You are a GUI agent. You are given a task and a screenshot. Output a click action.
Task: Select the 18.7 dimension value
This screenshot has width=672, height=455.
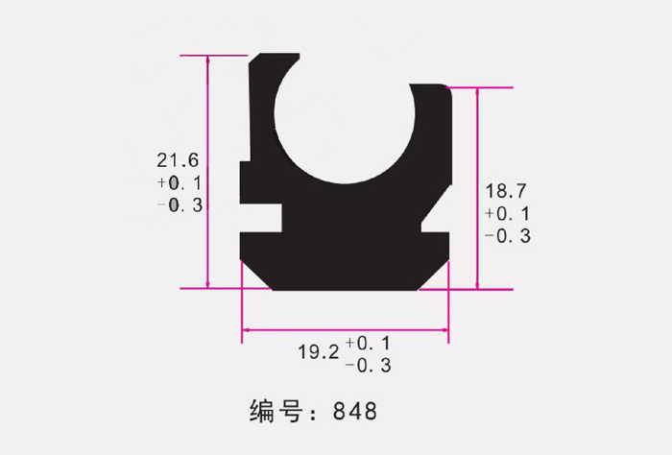pos(506,191)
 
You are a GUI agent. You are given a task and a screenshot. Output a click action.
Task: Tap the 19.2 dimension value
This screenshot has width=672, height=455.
pos(318,352)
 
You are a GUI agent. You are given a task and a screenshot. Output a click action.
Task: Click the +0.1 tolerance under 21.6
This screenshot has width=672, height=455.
pos(180,182)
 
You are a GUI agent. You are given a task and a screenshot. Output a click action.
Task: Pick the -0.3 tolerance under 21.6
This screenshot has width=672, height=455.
pos(180,204)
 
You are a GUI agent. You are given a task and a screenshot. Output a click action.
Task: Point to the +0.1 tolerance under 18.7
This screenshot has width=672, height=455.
pos(508,213)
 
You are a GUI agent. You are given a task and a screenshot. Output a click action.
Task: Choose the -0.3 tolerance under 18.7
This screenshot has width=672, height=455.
pos(508,236)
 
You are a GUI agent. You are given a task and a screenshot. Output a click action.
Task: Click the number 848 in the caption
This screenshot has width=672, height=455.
pos(355,412)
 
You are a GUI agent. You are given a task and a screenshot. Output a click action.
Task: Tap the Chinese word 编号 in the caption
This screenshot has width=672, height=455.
pos(276,412)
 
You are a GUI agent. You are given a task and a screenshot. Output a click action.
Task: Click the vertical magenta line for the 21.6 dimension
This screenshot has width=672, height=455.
pos(207,173)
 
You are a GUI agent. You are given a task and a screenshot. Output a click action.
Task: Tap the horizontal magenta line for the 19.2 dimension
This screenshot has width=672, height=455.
pos(346,331)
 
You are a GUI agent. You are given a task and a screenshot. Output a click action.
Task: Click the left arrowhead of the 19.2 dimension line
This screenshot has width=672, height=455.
pos(245,331)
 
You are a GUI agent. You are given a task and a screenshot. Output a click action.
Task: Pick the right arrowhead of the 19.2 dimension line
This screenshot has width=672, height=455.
pos(444,331)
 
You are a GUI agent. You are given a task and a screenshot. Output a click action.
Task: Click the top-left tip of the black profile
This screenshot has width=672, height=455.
pos(252,60)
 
